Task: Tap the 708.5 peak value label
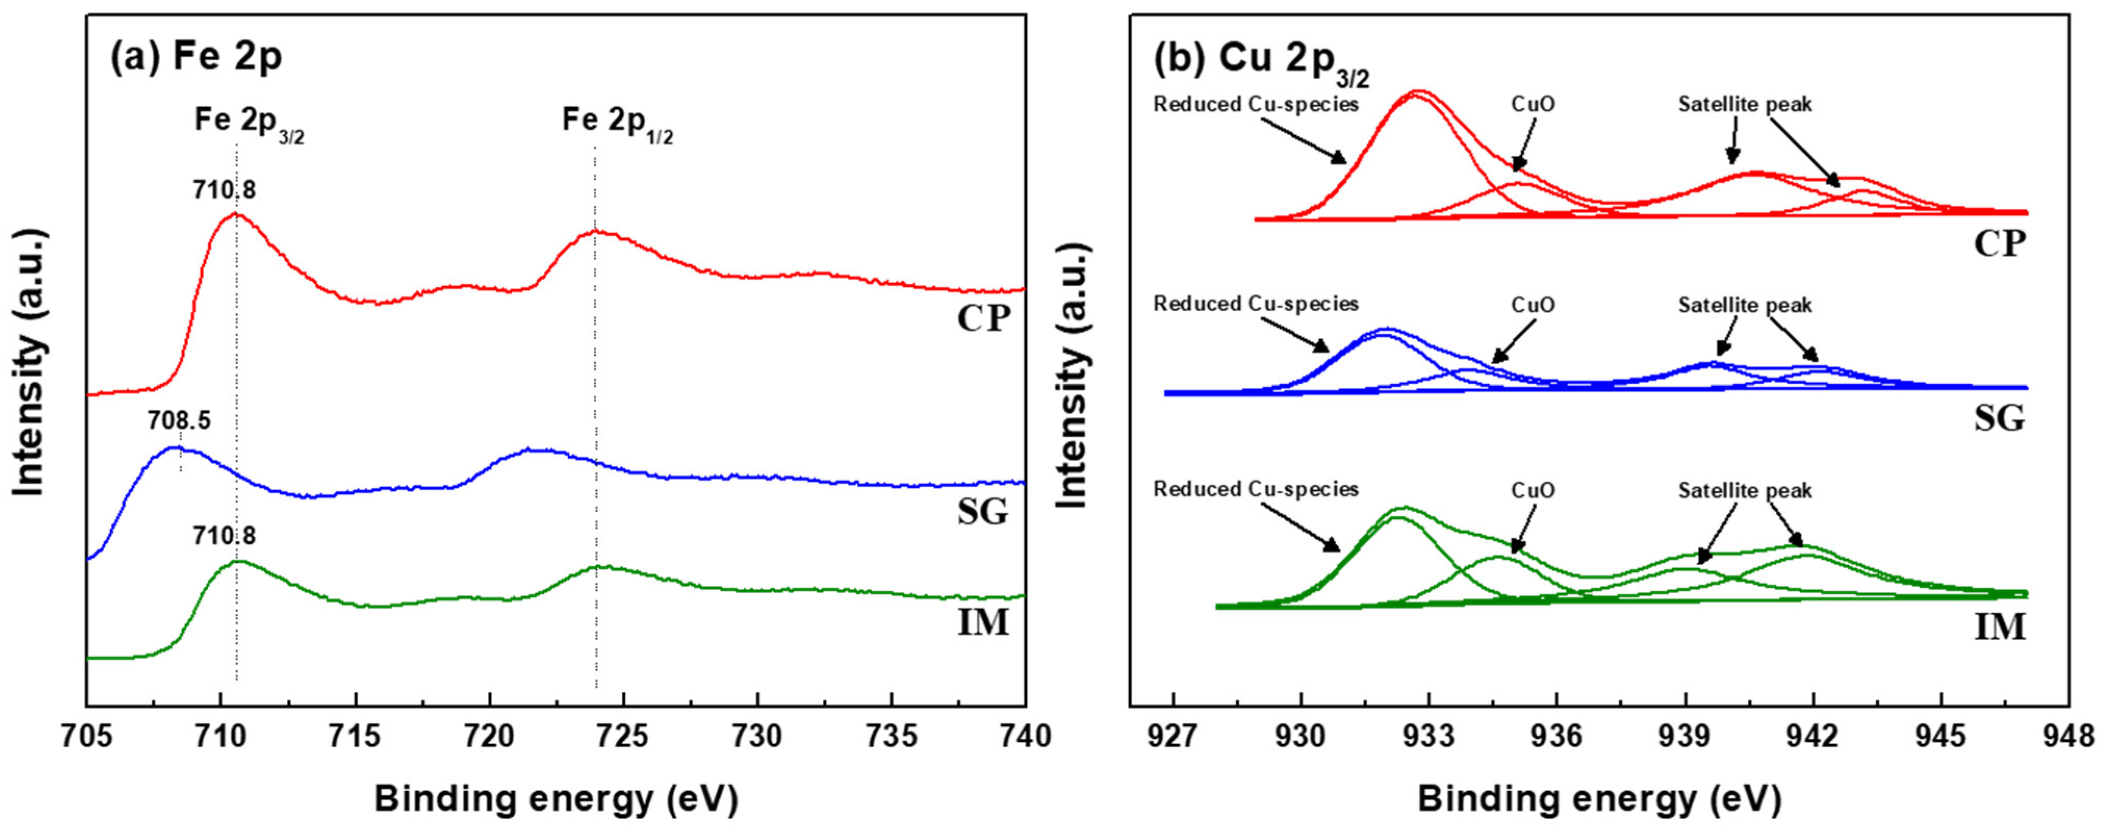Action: pyautogui.click(x=179, y=421)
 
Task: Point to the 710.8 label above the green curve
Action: pyautogui.click(x=224, y=536)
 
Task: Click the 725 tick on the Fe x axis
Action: pyautogui.click(x=624, y=737)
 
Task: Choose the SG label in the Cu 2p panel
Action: pyautogui.click(x=2000, y=418)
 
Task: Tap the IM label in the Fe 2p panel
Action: pyautogui.click(x=984, y=623)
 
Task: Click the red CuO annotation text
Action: pyautogui.click(x=1533, y=105)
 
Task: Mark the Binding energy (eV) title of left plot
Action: pyautogui.click(x=556, y=799)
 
